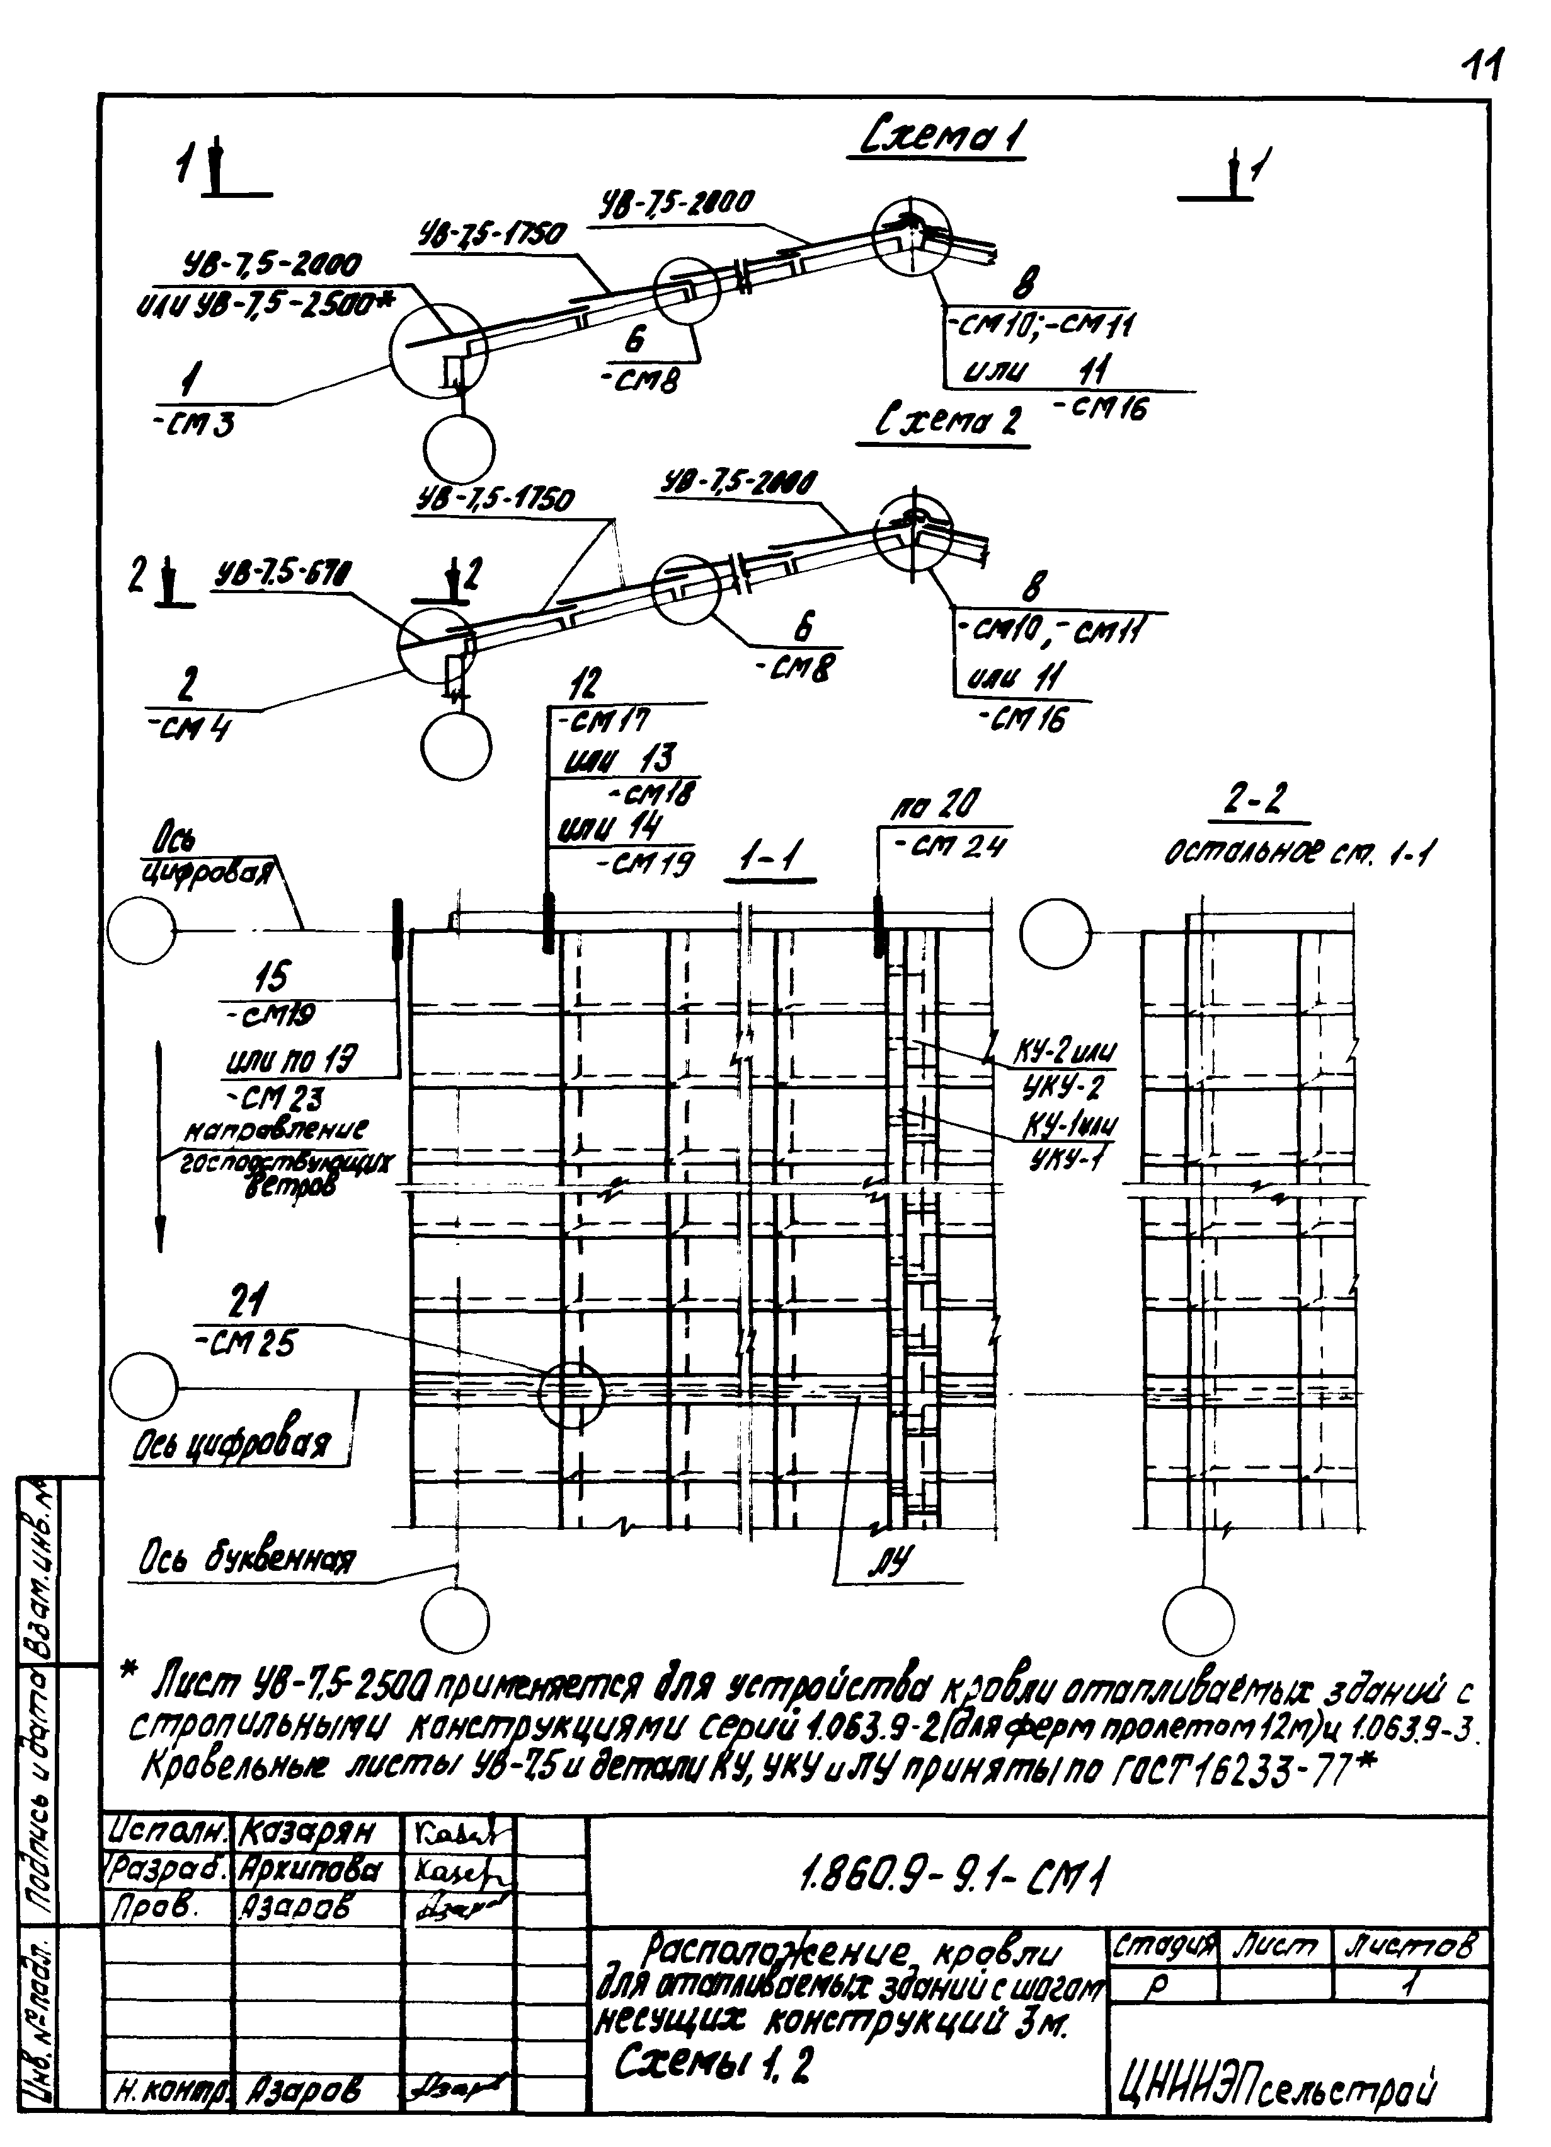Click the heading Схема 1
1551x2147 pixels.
944,138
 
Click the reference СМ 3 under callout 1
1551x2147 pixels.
193,426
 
